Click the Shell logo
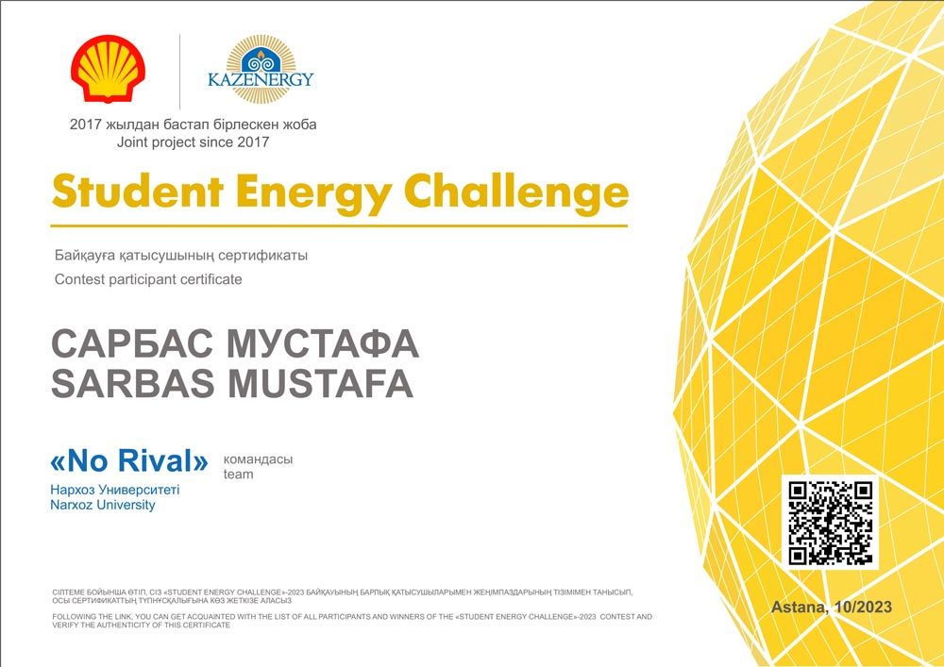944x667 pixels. pos(108,68)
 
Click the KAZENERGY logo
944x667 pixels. pos(261,69)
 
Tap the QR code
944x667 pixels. pos(830,523)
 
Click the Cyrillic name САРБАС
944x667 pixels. pos(132,343)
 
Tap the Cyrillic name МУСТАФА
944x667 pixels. pos(323,343)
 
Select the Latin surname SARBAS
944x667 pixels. pos(132,383)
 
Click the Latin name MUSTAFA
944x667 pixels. pos(321,383)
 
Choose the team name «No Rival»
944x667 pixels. pos(129,460)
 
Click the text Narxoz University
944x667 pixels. pos(103,505)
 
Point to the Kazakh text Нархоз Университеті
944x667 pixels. pos(115,490)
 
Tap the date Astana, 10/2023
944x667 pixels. pos(832,607)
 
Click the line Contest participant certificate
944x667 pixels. pos(148,279)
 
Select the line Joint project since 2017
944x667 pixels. pos(193,142)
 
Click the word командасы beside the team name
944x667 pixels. pos(258,460)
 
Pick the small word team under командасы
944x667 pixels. pos(239,475)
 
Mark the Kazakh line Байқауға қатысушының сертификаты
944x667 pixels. pos(181,256)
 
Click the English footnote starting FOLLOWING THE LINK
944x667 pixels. pos(352,621)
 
